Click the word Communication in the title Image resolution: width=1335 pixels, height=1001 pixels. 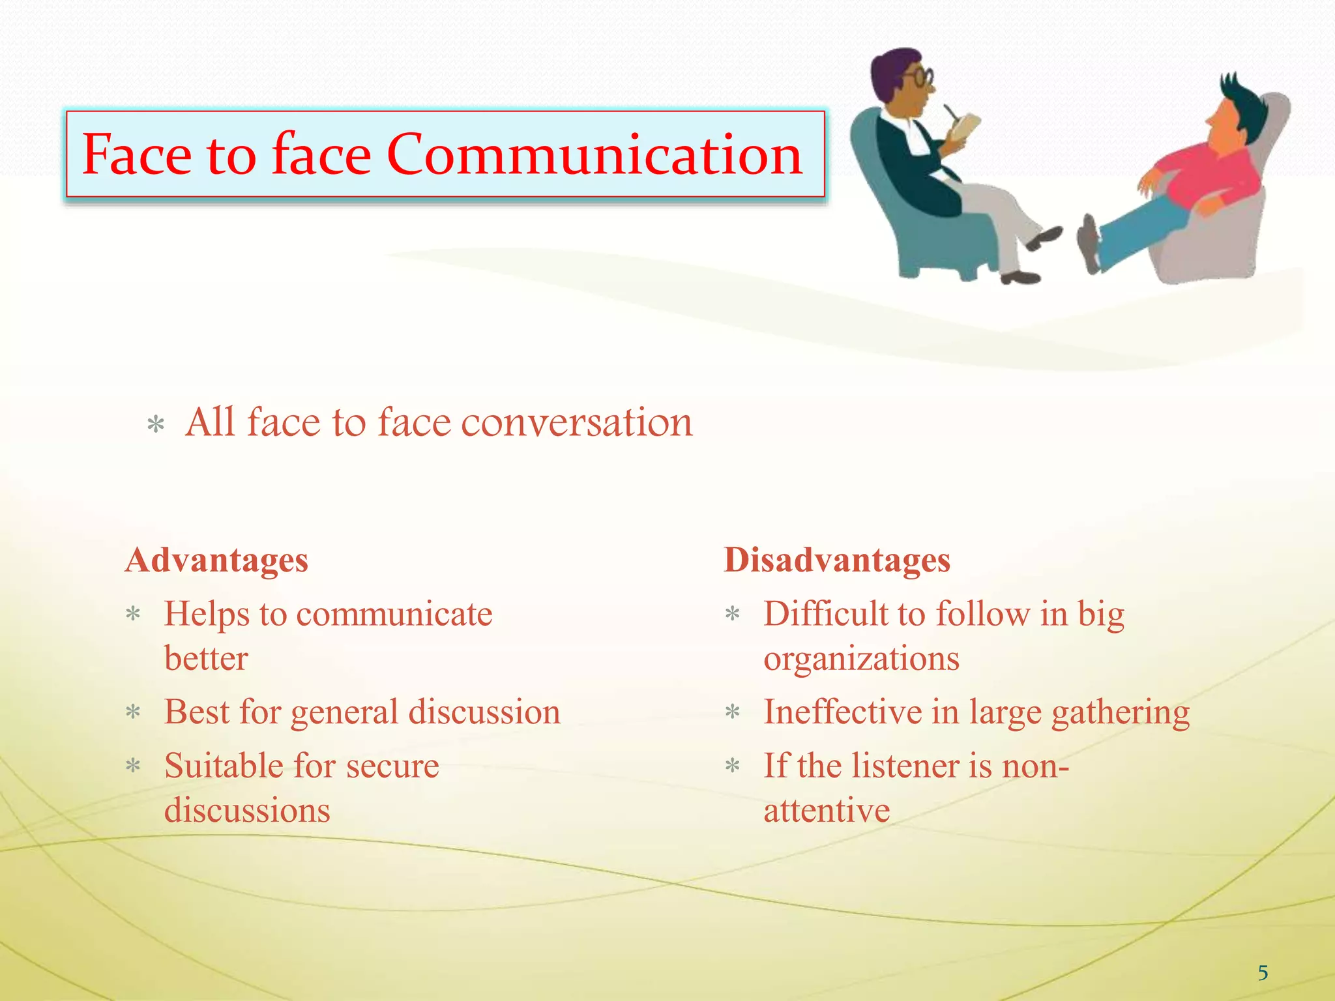point(594,155)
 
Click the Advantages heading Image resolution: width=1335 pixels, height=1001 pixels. point(216,560)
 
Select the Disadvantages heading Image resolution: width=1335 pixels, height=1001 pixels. point(837,560)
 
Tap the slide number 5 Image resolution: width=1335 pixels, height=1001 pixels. point(1263,973)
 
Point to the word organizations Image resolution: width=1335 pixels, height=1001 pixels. point(861,660)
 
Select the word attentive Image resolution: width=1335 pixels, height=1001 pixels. point(827,811)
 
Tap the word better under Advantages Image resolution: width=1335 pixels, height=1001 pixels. point(206,658)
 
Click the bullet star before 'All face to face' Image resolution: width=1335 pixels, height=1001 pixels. point(156,426)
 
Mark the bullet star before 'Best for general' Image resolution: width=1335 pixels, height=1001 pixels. point(133,712)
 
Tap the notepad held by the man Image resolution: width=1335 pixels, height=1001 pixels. point(963,126)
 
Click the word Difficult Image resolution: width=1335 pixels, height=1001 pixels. point(824,615)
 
